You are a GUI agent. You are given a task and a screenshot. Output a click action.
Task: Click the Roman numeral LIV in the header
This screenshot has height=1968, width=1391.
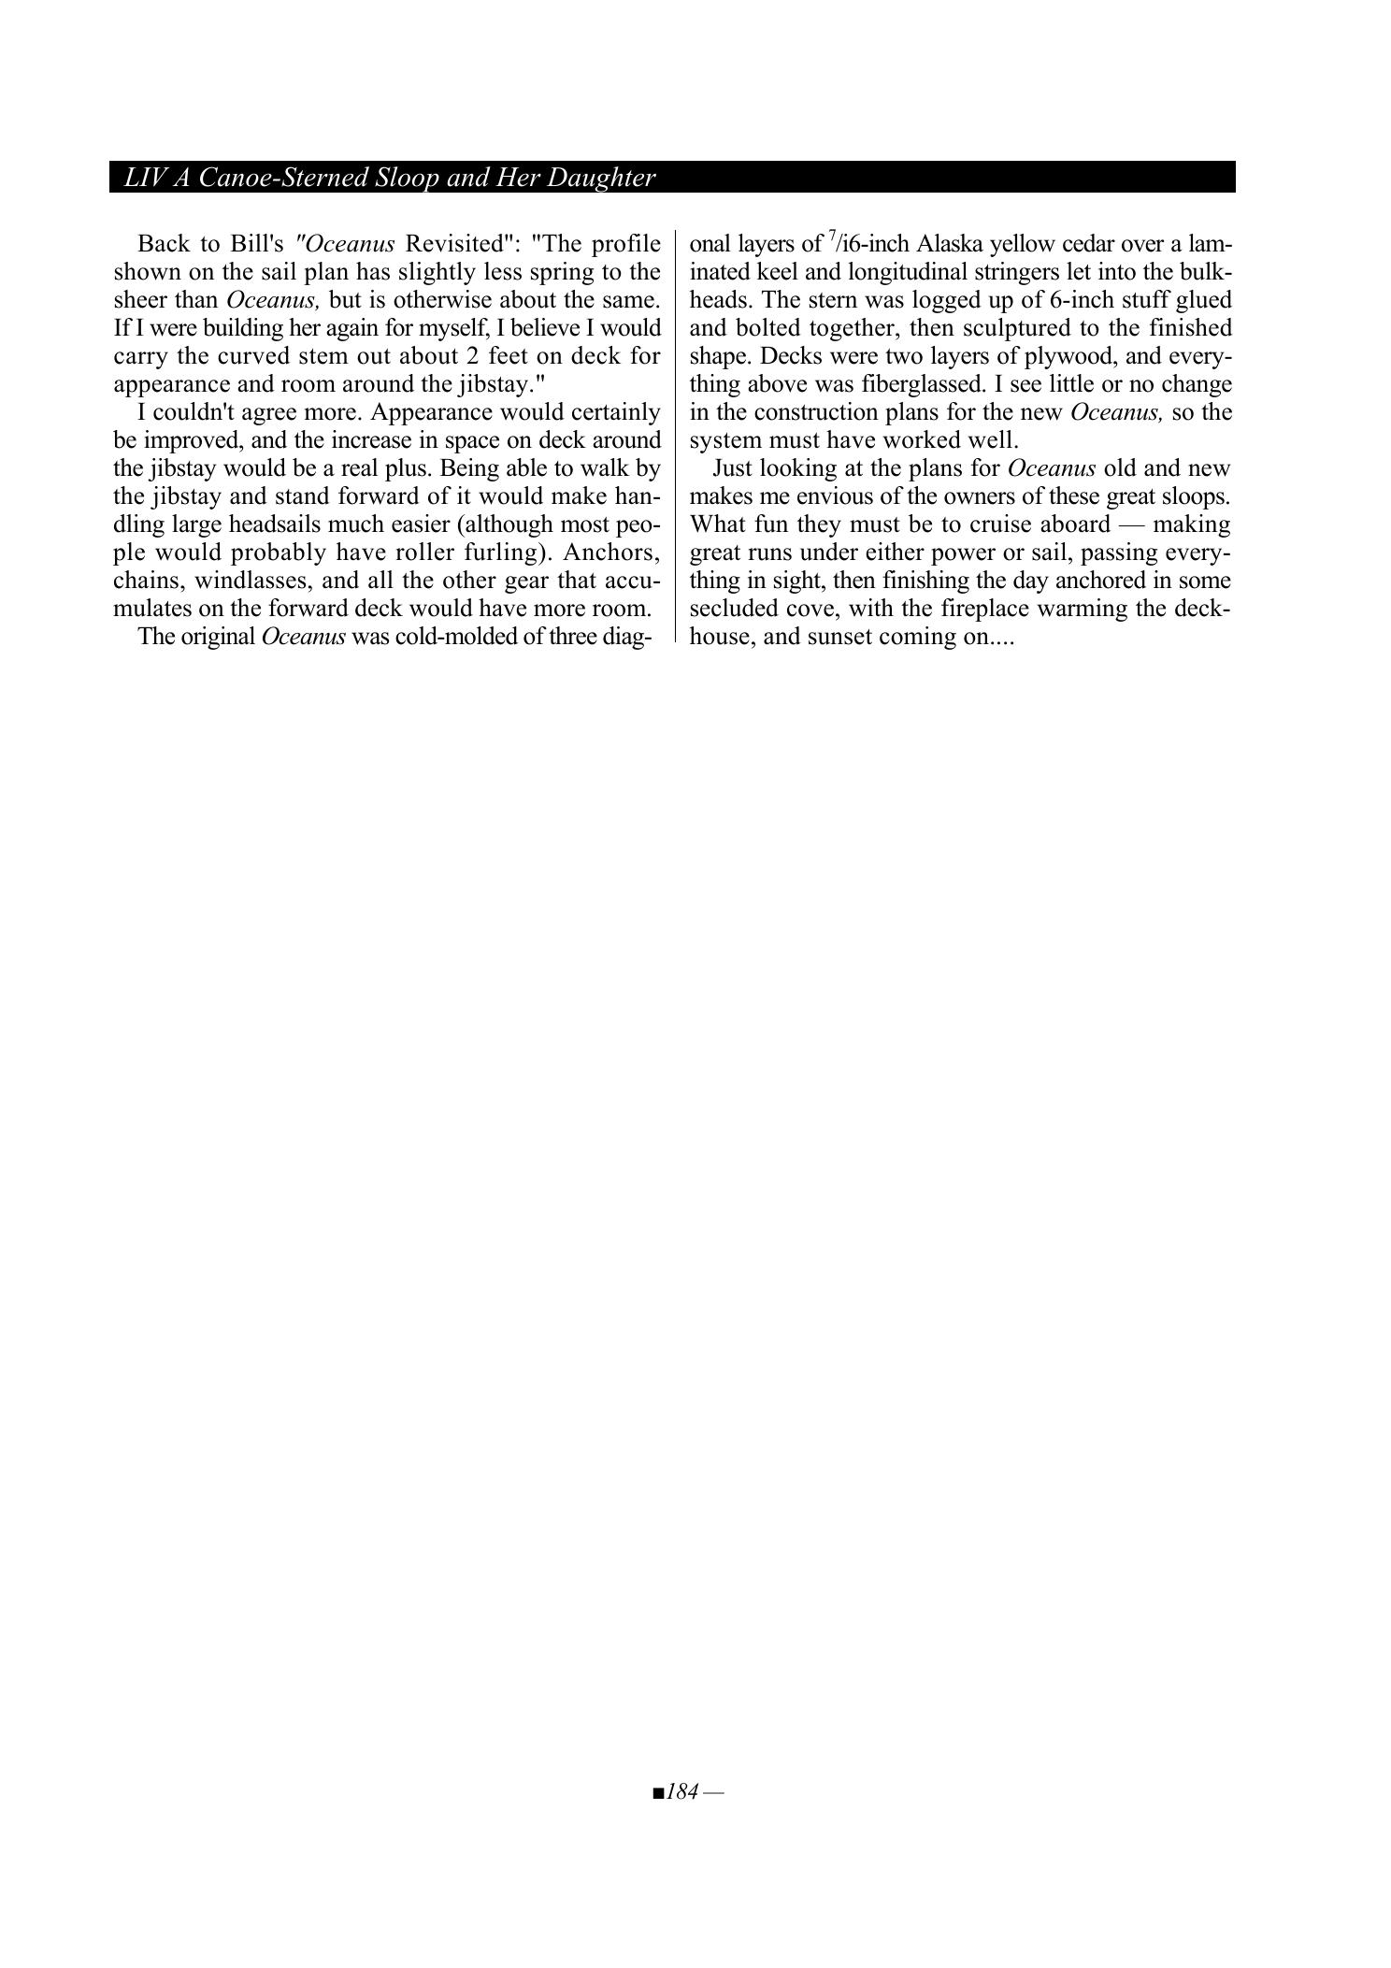[144, 178]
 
